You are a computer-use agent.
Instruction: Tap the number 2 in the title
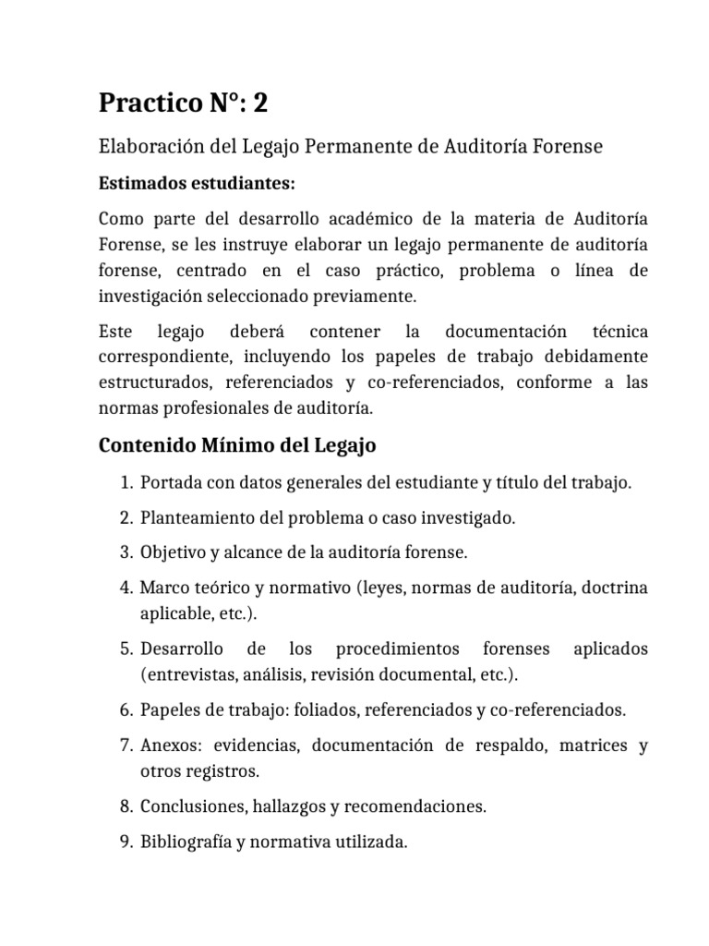261,104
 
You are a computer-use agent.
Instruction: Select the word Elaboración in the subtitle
147,146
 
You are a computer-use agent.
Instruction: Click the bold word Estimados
139,184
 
